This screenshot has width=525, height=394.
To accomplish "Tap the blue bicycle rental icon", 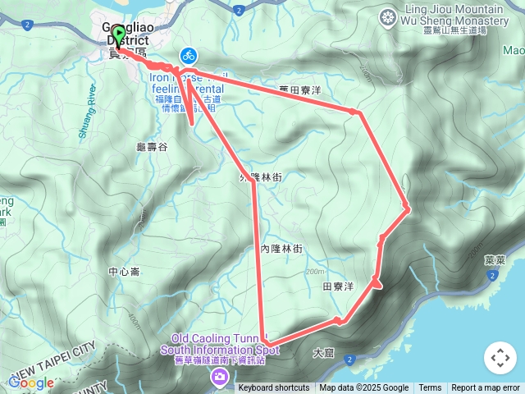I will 189,56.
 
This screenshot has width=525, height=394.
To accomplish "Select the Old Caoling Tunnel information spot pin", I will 219,377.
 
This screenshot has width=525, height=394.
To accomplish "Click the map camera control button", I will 500,358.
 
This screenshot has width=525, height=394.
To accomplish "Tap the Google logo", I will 31,383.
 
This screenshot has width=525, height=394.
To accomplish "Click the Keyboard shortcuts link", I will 274,388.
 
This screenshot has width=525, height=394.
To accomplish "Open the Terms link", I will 430,388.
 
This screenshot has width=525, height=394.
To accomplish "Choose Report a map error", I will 485,388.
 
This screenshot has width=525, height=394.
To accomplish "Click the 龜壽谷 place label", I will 152,147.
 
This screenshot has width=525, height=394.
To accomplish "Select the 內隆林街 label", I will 281,249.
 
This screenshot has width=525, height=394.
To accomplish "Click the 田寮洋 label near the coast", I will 337,286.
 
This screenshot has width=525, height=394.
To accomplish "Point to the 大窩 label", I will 323,353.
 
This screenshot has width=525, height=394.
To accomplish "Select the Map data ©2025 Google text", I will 363,388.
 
